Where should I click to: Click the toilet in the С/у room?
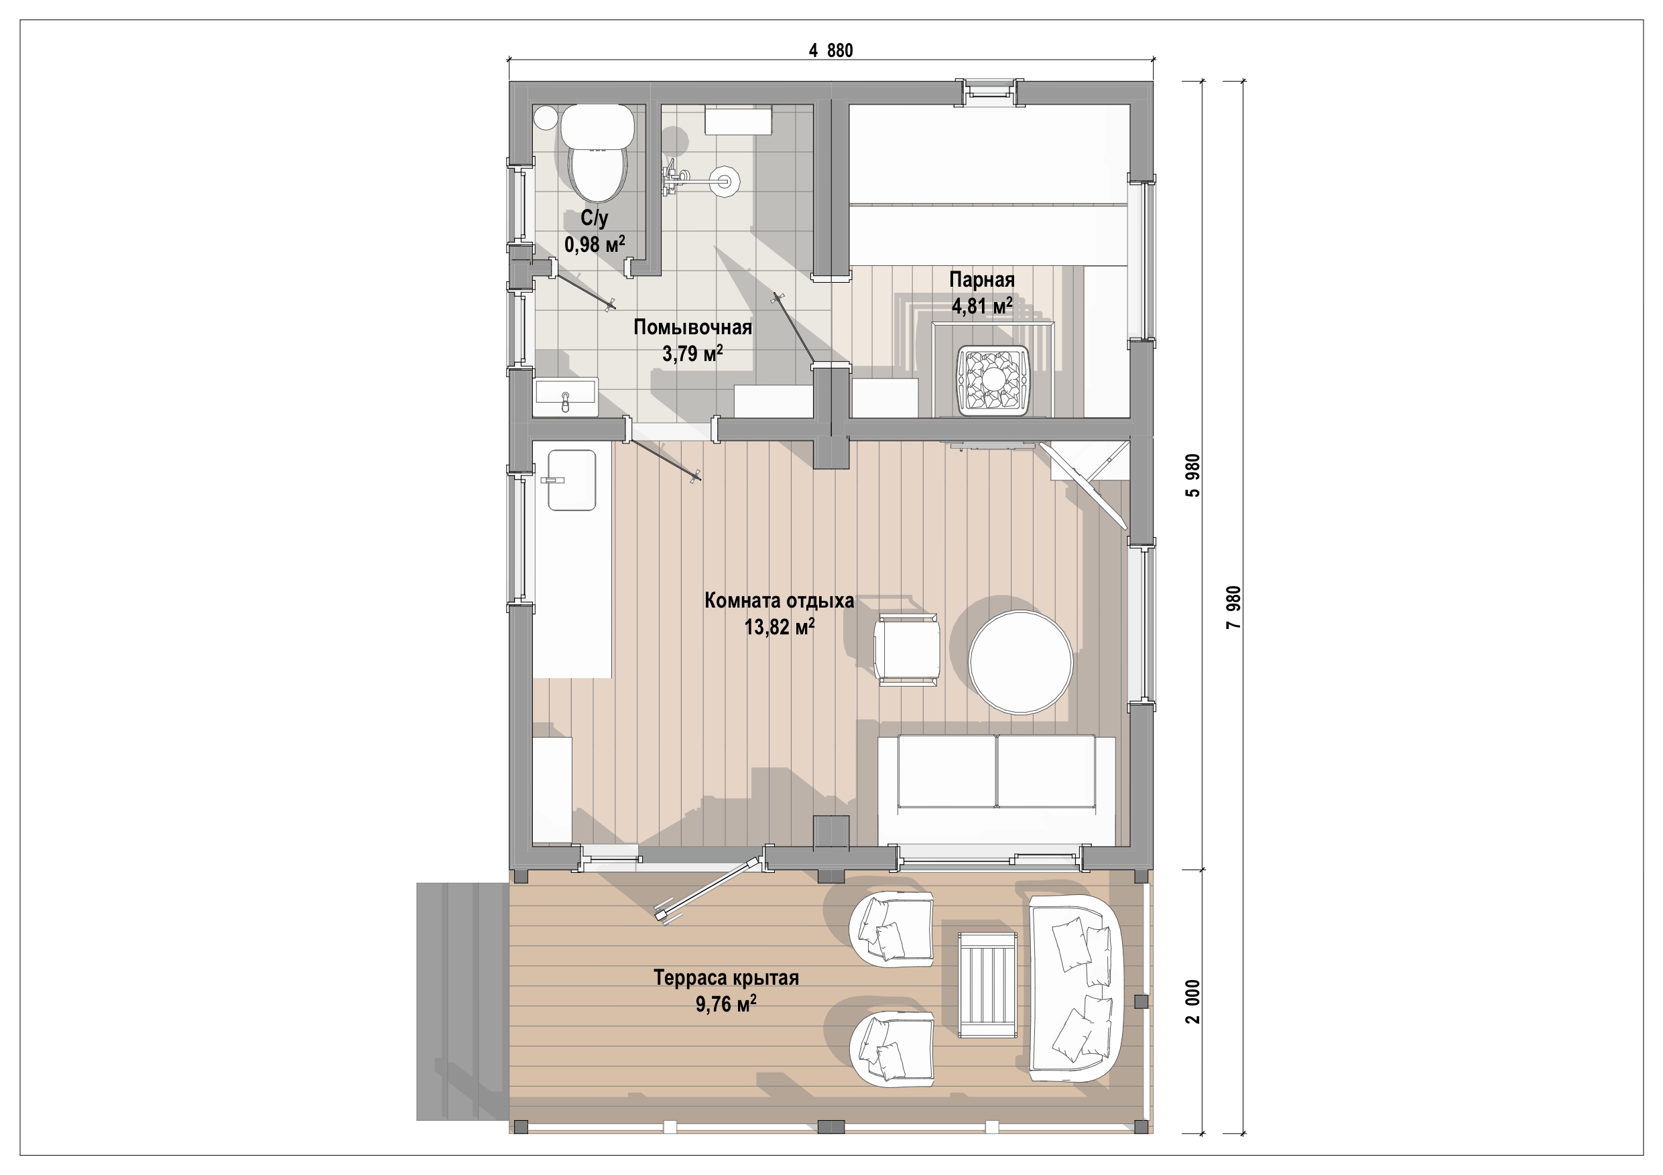[x=597, y=153]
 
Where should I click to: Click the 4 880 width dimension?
[x=830, y=51]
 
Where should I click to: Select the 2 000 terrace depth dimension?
[x=1193, y=1001]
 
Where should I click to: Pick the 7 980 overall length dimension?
[x=1233, y=607]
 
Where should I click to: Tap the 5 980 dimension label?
[x=1193, y=475]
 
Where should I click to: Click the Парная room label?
[x=981, y=279]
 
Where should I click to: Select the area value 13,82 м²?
[x=780, y=627]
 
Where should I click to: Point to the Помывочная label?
[x=692, y=327]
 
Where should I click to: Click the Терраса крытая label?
[x=726, y=977]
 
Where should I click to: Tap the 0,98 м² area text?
[x=595, y=244]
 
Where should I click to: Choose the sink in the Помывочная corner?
[x=565, y=397]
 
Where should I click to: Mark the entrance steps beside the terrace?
[x=462, y=1001]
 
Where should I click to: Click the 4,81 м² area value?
[x=981, y=306]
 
